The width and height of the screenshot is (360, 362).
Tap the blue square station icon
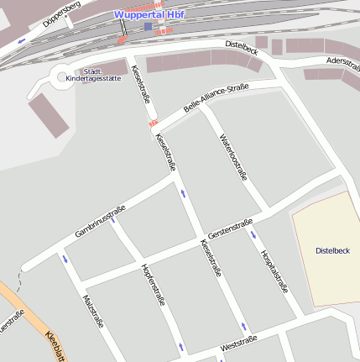tap(148, 26)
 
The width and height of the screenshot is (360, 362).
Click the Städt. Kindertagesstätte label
tap(104, 75)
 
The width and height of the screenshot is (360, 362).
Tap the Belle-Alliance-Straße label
tap(217, 101)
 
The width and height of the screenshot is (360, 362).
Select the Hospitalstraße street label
tap(274, 270)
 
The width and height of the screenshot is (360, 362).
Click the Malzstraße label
tap(92, 310)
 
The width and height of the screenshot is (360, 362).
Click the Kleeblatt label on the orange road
tap(55, 344)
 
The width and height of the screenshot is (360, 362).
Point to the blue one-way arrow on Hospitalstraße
tap(253, 234)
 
